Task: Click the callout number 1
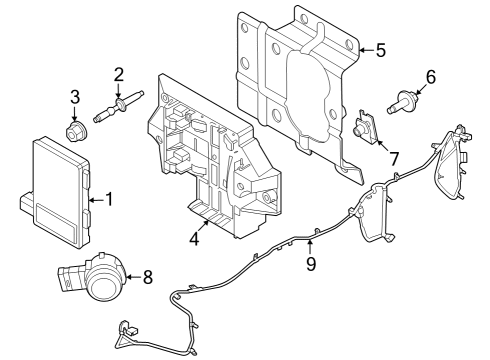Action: pos(109,199)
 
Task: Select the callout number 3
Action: pos(75,96)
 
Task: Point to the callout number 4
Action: pos(195,239)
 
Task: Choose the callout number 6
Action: pos(431,76)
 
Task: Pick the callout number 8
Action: pos(147,277)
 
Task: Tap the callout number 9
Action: pos(311,263)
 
